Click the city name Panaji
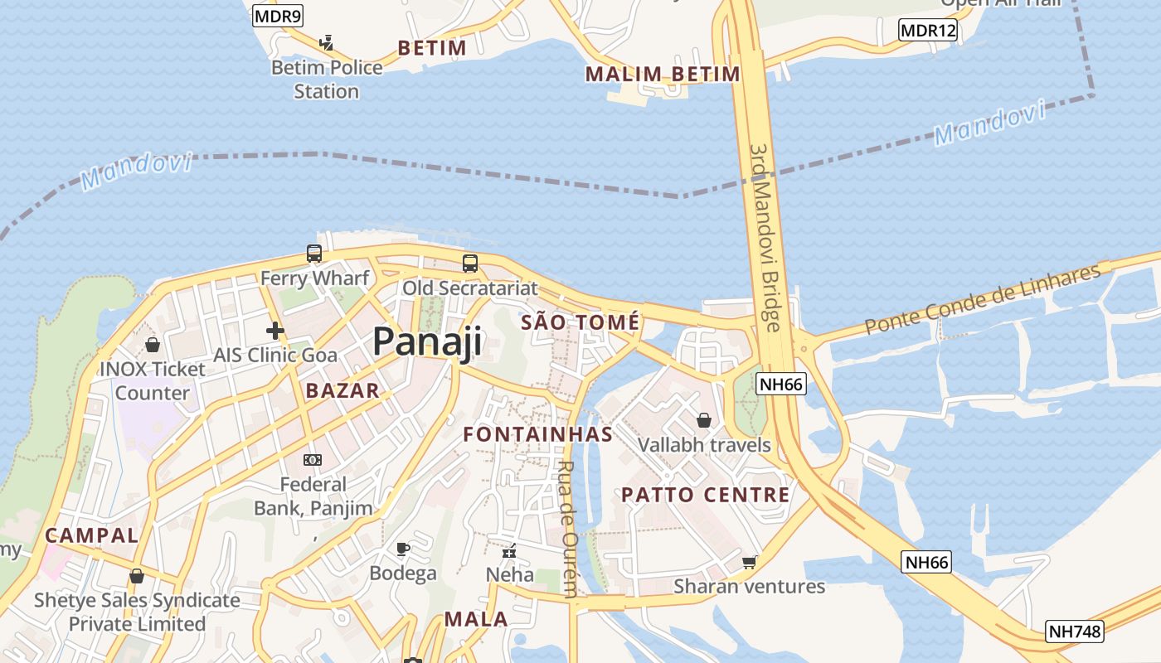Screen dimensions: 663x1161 (x=427, y=341)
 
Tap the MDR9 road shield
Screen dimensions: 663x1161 (x=279, y=15)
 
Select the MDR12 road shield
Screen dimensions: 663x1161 (x=928, y=31)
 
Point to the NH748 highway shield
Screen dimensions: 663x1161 (x=1075, y=632)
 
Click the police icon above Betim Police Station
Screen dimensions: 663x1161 (x=327, y=42)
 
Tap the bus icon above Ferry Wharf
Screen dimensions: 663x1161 (x=313, y=254)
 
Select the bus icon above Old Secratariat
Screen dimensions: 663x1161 (x=469, y=264)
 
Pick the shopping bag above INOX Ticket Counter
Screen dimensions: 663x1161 (x=152, y=344)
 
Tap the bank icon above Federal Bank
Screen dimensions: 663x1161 (x=313, y=459)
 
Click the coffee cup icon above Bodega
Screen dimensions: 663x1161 (x=402, y=549)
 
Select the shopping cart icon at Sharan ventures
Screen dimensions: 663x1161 (x=749, y=563)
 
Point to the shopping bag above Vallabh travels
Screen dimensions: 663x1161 (x=704, y=420)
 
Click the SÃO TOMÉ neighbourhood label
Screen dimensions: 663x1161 (x=580, y=322)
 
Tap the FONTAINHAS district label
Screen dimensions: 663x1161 (x=537, y=434)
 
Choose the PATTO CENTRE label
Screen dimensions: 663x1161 (x=706, y=496)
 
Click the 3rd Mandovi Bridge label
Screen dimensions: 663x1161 (x=765, y=237)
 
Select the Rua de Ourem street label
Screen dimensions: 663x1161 (x=568, y=529)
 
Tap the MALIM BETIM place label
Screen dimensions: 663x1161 (x=663, y=75)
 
